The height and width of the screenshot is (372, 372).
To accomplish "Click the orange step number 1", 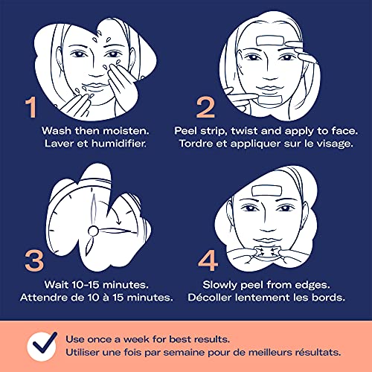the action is pos(31,107).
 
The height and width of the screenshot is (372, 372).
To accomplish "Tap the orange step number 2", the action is pos(205,107).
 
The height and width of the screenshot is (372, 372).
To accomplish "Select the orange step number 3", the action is pos(34,260).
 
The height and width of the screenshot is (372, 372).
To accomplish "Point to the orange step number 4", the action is pos(208,260).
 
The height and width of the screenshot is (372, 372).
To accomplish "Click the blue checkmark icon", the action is pos(45,344).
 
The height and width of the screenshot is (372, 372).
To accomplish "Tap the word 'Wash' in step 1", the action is pos(57,131).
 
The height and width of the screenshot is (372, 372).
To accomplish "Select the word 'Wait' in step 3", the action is pos(56,284).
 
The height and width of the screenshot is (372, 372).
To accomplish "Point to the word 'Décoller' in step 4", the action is pos(209,297).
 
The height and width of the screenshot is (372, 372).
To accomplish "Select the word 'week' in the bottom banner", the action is pos(136,339).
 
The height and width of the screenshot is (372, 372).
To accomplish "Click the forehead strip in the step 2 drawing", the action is pos(270,41).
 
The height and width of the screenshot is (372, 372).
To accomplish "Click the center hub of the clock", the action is pos(93,231).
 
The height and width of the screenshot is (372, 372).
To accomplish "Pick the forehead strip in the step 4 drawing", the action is pos(266,191).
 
